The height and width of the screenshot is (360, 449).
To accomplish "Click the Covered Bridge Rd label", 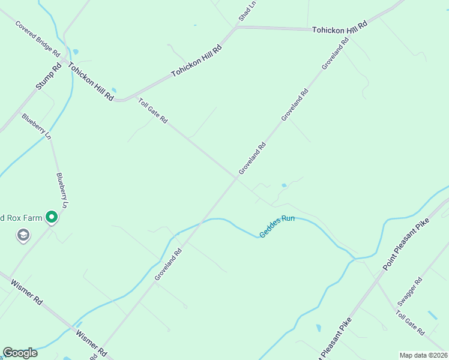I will tap(38, 39).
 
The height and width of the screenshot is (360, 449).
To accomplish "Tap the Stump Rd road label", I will tap(49, 77).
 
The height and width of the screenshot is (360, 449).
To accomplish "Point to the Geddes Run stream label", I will tap(277, 225).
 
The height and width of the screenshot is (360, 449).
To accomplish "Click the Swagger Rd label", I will tap(411, 290).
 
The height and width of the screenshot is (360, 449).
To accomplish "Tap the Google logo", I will tap(20, 353).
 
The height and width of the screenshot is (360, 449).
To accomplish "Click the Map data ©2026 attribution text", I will tap(424, 355).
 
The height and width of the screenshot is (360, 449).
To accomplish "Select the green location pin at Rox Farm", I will tap(52, 217).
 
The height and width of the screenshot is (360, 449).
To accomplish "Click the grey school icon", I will tap(23, 235).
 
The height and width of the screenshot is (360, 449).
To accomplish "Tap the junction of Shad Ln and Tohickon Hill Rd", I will tap(236, 27).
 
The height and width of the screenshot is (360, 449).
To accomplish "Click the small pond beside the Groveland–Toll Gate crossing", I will tap(283, 185).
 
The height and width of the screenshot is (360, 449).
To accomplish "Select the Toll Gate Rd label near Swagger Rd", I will tap(410, 323).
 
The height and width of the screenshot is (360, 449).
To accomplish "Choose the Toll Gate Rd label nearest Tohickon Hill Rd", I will tap(152, 111).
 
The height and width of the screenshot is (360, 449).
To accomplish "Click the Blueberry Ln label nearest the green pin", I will tap(62, 191).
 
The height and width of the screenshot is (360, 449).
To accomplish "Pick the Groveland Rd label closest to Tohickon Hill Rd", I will tap(335, 55).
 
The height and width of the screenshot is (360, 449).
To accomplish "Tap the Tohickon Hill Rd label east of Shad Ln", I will tap(339, 28).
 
